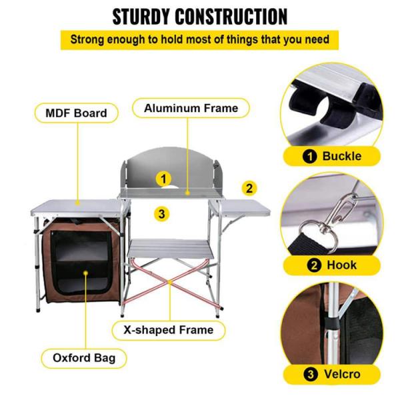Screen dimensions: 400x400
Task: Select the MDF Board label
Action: coord(75,113)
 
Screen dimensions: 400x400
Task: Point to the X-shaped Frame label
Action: coord(172,329)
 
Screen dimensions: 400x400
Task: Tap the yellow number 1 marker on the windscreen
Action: coord(163,178)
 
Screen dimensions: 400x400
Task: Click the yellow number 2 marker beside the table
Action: coord(249,188)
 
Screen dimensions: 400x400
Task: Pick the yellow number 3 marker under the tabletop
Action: coord(161,213)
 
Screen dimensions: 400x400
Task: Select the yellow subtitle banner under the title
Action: coord(200,39)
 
